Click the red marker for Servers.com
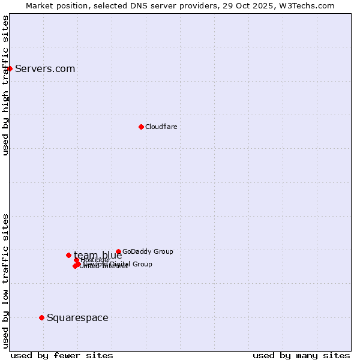[x=10, y=68]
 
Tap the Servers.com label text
[x=45, y=68]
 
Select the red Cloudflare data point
[x=141, y=127]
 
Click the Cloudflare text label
[x=161, y=127]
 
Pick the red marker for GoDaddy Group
[x=118, y=251]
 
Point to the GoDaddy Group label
[x=148, y=251]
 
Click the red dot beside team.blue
[x=68, y=255]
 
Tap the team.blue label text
[x=98, y=255]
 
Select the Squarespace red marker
[x=41, y=317]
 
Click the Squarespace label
[x=77, y=317]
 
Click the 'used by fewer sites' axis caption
[x=62, y=355]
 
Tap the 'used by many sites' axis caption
[x=301, y=355]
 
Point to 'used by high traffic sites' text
[x=5, y=85]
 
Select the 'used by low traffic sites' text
[x=5, y=281]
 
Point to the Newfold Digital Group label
[x=120, y=264]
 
